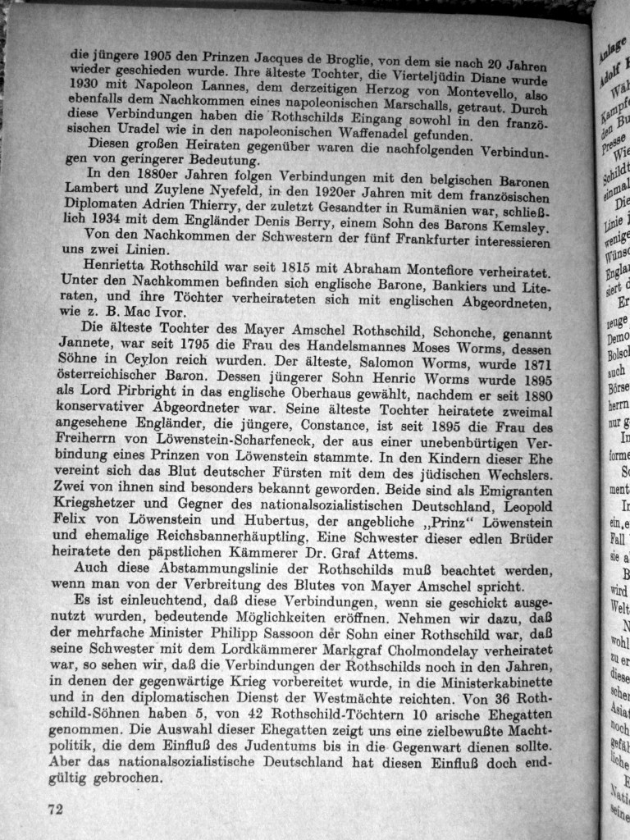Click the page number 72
click(x=56, y=808)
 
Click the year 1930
click(x=87, y=83)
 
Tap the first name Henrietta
click(x=121, y=266)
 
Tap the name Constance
click(x=336, y=426)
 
